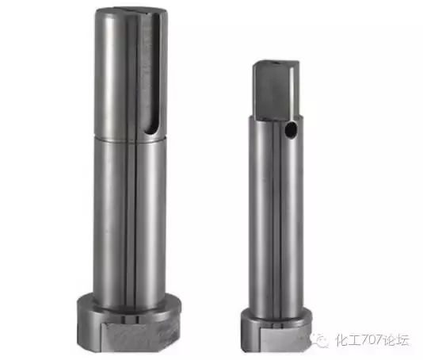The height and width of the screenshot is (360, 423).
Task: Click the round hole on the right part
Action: click(x=291, y=130)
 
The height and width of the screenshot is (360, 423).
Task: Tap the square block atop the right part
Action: click(x=276, y=90)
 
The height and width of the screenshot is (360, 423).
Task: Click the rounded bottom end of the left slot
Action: click(x=151, y=132)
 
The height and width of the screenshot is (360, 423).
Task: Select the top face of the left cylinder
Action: click(x=131, y=11)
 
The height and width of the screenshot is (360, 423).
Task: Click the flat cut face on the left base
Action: click(x=139, y=337)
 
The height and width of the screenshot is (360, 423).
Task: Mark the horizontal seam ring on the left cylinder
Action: click(x=130, y=138)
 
